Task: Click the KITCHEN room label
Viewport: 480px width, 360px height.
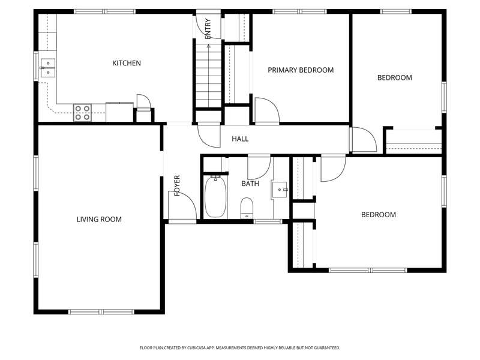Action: (127, 63)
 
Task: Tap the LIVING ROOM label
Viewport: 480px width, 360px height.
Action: (99, 219)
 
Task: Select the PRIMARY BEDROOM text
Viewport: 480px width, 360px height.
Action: (301, 70)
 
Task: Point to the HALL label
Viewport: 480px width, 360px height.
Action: (240, 139)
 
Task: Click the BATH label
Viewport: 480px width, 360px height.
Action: (250, 184)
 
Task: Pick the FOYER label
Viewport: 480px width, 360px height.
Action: (177, 185)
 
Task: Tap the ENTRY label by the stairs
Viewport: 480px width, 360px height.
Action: (208, 29)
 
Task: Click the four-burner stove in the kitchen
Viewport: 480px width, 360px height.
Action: (82, 113)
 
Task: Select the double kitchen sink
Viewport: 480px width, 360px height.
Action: (48, 68)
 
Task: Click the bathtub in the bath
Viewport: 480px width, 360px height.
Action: (215, 197)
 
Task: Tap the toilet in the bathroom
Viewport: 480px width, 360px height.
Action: (247, 208)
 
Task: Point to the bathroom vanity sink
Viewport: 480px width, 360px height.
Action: (280, 190)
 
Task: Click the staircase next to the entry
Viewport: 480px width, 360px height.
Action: (208, 76)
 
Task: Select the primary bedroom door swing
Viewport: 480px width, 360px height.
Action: (266, 111)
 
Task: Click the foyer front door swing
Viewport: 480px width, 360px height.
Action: (182, 205)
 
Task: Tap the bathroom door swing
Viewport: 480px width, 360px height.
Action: (259, 168)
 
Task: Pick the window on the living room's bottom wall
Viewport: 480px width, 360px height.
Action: (101, 312)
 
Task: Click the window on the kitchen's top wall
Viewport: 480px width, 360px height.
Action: (105, 11)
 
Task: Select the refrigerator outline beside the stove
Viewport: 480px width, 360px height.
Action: (119, 112)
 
